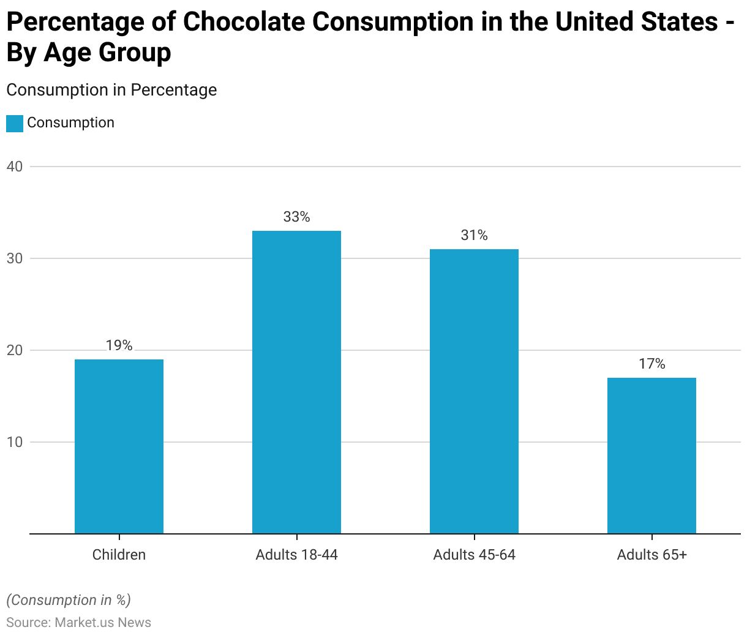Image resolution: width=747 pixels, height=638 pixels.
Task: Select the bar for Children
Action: point(119,446)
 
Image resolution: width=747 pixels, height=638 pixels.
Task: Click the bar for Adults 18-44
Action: point(296,382)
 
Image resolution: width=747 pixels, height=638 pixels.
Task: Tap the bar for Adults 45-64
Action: point(474,391)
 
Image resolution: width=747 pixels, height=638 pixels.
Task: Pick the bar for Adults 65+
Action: point(651,456)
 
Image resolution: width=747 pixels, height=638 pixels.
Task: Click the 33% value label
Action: point(296,217)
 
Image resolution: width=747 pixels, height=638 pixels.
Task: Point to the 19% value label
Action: point(119,345)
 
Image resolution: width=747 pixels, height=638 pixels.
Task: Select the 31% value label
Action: point(474,235)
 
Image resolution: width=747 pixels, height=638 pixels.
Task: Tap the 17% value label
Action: point(651,364)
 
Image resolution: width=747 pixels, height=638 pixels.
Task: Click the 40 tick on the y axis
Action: point(15,167)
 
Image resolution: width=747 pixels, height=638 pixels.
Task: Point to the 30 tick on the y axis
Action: point(15,258)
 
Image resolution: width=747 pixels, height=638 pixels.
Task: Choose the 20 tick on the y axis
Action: point(15,350)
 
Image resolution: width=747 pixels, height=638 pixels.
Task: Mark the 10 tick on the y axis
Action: point(15,442)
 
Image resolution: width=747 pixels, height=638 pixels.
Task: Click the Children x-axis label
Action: point(119,555)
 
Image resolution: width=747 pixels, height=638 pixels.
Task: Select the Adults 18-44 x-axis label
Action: point(296,555)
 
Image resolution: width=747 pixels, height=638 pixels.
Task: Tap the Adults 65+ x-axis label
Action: point(651,555)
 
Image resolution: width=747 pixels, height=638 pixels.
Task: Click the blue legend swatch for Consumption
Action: point(15,123)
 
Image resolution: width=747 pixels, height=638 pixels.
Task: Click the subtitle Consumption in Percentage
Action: point(111,90)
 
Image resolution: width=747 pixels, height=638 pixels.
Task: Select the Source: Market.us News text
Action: point(78,623)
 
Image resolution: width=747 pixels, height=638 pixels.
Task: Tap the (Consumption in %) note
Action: point(69,600)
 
